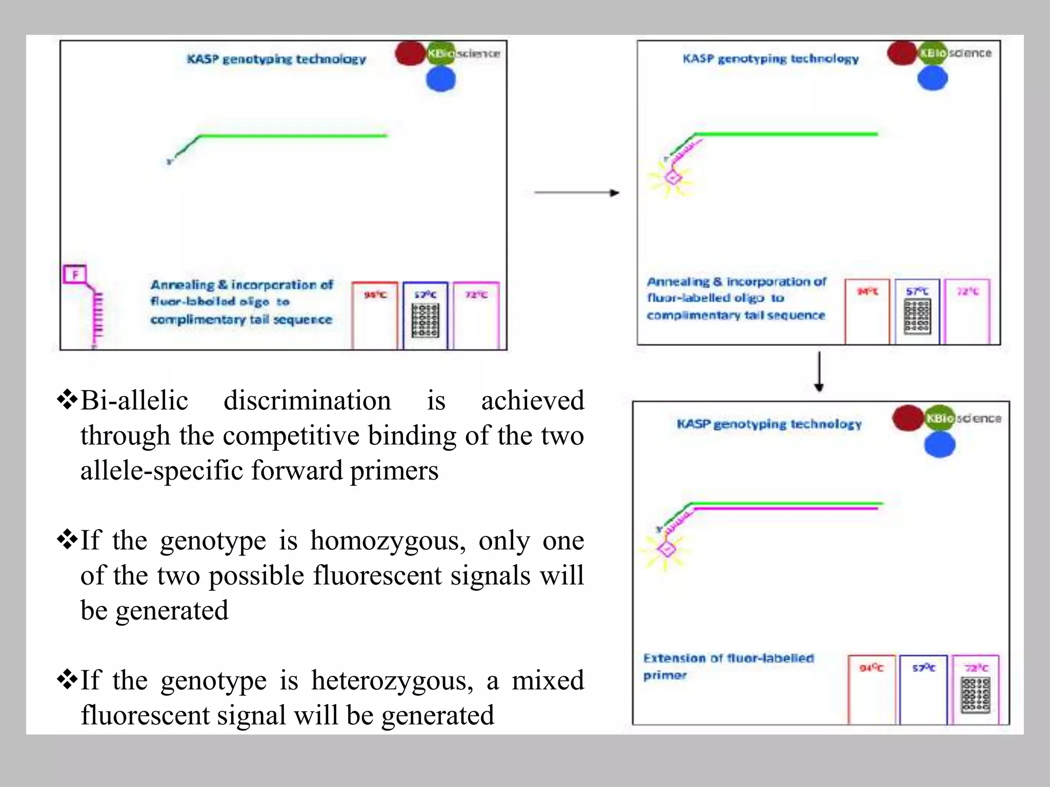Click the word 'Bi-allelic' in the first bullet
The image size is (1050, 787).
134,400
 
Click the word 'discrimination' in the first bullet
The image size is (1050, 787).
307,400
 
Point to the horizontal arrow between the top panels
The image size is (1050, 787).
576,193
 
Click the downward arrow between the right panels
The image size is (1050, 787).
819,371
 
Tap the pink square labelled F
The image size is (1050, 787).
75,274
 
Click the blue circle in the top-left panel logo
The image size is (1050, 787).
440,79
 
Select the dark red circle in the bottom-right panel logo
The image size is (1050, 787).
907,418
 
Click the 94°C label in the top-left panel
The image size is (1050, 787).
375,295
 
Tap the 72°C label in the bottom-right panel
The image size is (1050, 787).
976,668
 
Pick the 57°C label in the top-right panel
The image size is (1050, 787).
917,292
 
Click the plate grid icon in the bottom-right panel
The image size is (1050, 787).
976,695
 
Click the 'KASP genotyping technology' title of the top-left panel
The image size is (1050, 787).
276,59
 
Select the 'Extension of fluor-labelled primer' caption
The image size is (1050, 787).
728,666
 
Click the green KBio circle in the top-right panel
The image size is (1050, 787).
932,53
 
